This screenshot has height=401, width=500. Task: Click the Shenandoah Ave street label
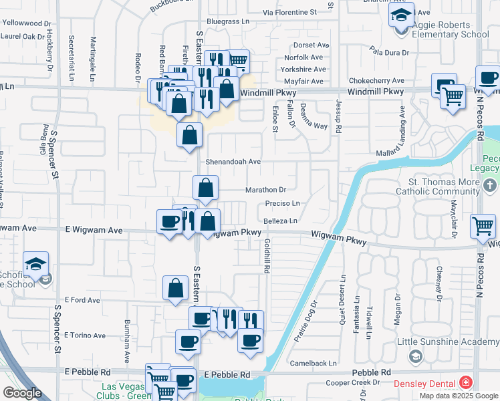coord(233,162)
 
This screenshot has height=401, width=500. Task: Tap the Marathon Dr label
coord(265,190)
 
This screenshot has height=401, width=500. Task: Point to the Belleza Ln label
coord(279,221)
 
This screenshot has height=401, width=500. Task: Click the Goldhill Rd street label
coord(266,256)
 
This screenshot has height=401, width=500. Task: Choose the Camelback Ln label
coord(314,364)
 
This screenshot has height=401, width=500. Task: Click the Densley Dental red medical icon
coord(465,383)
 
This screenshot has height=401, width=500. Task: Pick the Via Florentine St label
coord(289,13)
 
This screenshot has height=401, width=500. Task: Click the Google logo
coord(22,393)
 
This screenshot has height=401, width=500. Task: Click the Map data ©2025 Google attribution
coord(458,396)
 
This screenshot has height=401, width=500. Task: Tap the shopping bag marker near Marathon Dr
coord(205,188)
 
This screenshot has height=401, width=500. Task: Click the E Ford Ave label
coord(82,301)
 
